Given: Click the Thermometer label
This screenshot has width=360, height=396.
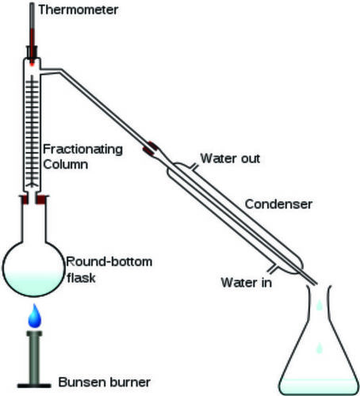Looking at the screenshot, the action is pyautogui.click(x=79, y=10).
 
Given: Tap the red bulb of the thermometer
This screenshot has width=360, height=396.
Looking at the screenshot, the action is pyautogui.click(x=32, y=64).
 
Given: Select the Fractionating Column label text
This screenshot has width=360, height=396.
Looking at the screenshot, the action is pyautogui.click(x=82, y=157).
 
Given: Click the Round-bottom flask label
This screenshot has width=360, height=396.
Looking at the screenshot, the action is pyautogui.click(x=109, y=269).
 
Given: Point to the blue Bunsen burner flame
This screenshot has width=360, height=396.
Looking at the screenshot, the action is pyautogui.click(x=35, y=316).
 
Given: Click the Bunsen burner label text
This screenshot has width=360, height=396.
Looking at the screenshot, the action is pyautogui.click(x=105, y=382).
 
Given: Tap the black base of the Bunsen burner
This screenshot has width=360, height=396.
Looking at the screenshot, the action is pyautogui.click(x=34, y=386).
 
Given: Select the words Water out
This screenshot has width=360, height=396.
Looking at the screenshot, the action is pyautogui.click(x=230, y=158).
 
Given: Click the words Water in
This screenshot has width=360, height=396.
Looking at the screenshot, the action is pyautogui.click(x=247, y=282).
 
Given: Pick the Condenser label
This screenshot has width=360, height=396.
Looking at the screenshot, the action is pyautogui.click(x=278, y=204).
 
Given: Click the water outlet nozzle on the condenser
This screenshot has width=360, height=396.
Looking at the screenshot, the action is pyautogui.click(x=194, y=167).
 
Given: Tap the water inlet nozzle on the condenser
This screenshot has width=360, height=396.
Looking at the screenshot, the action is pyautogui.click(x=272, y=268).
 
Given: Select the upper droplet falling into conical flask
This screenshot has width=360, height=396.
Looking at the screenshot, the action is pyautogui.click(x=320, y=305).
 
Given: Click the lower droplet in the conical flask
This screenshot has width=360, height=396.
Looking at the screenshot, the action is pyautogui.click(x=320, y=348).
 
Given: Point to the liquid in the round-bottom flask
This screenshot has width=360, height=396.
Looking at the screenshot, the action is pyautogui.click(x=34, y=284).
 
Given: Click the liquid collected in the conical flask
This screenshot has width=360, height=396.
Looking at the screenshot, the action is pyautogui.click(x=318, y=386).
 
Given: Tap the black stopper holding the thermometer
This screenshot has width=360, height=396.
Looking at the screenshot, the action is pyautogui.click(x=32, y=52).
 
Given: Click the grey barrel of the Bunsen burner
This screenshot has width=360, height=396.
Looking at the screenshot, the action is pyautogui.click(x=34, y=357).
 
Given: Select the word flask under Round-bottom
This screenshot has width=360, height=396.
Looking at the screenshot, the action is pyautogui.click(x=81, y=277).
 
